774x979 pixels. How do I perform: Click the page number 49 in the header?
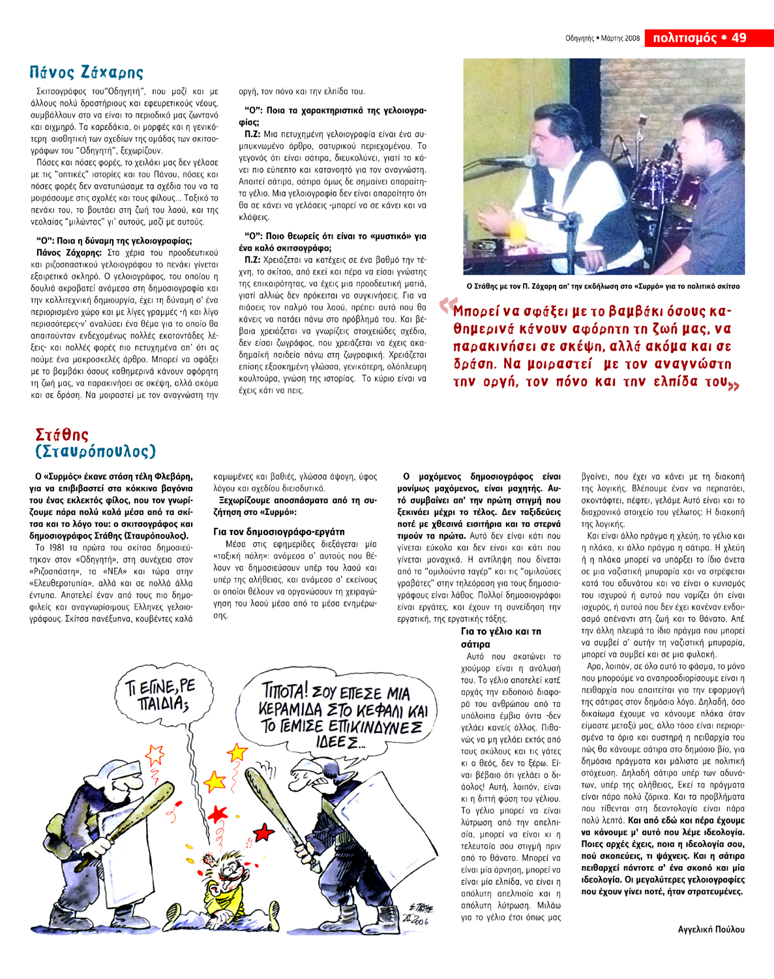click(739, 38)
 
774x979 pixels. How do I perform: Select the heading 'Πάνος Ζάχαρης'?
click(86, 72)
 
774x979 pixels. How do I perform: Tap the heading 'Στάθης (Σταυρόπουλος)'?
click(95, 443)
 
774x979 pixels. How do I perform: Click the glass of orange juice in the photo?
click(516, 230)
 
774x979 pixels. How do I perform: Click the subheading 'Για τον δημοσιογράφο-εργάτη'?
click(278, 531)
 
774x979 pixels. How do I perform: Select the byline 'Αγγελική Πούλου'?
click(711, 929)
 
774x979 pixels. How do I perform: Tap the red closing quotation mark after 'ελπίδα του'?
click(734, 386)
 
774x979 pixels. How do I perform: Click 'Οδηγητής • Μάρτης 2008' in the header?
click(603, 39)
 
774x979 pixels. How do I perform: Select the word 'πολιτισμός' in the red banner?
click(684, 38)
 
